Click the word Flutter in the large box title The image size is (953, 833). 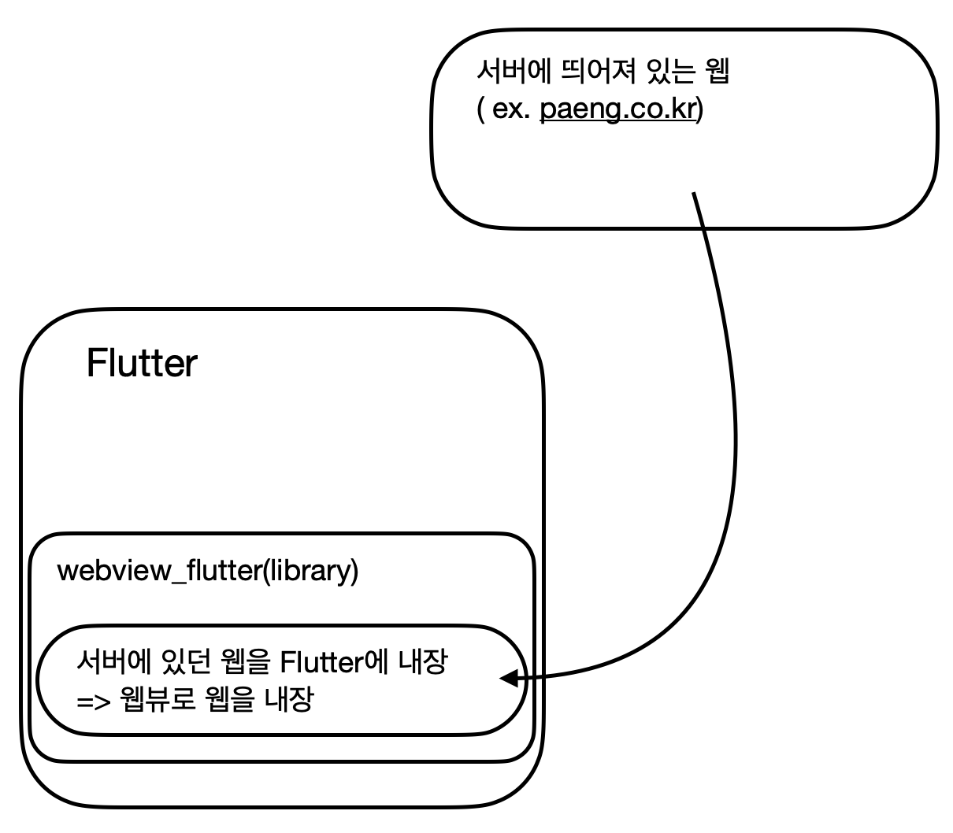(142, 364)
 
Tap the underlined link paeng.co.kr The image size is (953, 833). (618, 109)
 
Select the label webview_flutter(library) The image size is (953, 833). (208, 571)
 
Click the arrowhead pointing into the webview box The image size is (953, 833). (509, 678)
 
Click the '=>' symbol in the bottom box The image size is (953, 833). (92, 700)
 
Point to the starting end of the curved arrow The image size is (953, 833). (694, 194)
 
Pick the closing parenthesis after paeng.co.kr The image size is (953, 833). (700, 109)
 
